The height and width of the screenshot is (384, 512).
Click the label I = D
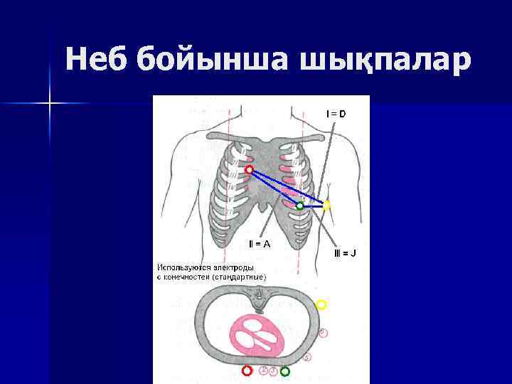click(x=336, y=113)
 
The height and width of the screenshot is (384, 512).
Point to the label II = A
click(x=259, y=244)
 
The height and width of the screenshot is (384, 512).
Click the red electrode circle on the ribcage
click(x=249, y=170)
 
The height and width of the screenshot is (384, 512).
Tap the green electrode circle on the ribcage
click(x=300, y=206)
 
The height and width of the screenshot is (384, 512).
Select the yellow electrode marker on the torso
click(x=327, y=206)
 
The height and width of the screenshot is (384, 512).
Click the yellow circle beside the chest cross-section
click(x=321, y=305)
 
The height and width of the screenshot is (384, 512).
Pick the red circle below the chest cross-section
click(x=247, y=371)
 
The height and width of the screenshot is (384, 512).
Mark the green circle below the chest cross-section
click(x=285, y=371)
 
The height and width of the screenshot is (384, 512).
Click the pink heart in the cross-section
click(x=259, y=335)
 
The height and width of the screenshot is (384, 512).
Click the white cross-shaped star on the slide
click(x=50, y=105)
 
